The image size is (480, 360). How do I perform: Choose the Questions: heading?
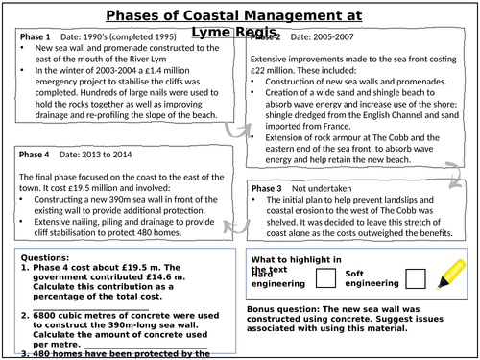pyautogui.click(x=45, y=258)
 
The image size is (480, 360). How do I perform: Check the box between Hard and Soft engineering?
pyautogui.click(x=324, y=278)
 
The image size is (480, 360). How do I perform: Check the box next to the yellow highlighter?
pyautogui.click(x=415, y=278)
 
